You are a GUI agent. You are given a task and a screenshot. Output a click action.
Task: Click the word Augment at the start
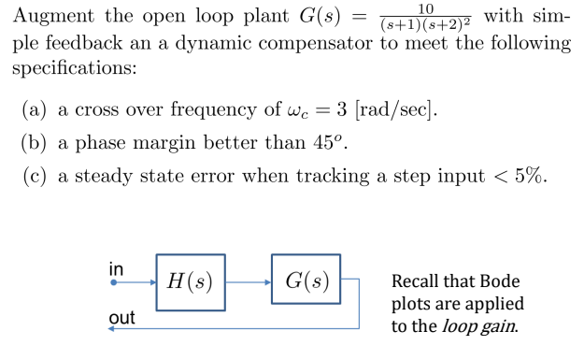(50, 16)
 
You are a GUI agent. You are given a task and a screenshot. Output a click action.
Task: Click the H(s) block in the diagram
(191, 280)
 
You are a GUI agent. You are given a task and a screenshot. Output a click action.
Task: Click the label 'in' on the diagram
(115, 265)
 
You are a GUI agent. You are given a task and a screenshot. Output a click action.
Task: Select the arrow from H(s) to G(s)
(248, 280)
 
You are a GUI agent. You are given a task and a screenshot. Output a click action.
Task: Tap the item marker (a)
(35, 109)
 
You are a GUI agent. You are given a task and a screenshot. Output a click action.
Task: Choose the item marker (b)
(35, 144)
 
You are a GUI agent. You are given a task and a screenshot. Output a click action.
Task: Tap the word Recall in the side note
(418, 281)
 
